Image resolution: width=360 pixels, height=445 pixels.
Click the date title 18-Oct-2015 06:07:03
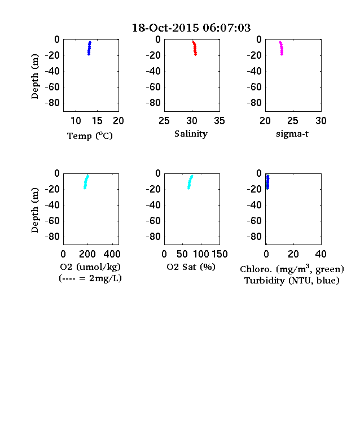coord(191,28)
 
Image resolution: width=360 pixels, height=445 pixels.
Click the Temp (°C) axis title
coord(90,136)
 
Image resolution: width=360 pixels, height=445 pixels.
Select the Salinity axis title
coord(191,134)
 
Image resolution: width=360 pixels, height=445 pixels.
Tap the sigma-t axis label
coord(292,134)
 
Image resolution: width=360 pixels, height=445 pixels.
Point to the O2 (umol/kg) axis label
coord(90,267)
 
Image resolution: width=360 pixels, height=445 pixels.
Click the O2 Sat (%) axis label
coord(191,267)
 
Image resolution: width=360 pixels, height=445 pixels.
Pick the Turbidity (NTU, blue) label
coord(292,281)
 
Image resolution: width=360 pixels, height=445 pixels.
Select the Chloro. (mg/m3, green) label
coord(292,269)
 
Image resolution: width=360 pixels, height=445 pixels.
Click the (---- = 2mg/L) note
coord(90,278)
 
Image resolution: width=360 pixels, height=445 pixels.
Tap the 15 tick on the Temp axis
coord(97,121)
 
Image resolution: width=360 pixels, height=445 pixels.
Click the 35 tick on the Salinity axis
coord(219,121)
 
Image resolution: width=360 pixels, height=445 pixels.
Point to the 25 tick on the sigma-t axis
coord(292,121)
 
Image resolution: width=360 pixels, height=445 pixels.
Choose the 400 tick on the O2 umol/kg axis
coord(112,254)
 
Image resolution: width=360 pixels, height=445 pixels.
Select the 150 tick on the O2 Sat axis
coord(219,254)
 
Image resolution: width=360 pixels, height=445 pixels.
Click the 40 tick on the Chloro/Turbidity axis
coord(321,254)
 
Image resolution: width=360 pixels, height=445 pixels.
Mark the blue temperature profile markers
coord(89,48)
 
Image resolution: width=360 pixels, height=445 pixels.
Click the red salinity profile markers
coord(195,48)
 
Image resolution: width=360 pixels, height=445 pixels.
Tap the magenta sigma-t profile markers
coord(281,48)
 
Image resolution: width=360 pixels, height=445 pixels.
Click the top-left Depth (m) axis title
coord(34,76)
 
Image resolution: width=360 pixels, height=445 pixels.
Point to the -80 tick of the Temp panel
coord(52,103)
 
